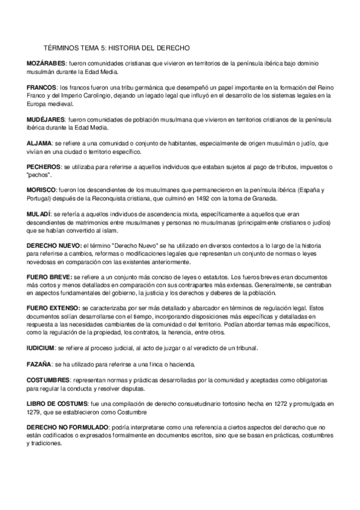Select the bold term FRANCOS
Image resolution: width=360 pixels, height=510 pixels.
pos(42,87)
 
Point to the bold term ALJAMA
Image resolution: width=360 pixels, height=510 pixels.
pos(39,145)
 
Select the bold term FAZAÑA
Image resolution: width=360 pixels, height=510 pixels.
pos(39,364)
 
